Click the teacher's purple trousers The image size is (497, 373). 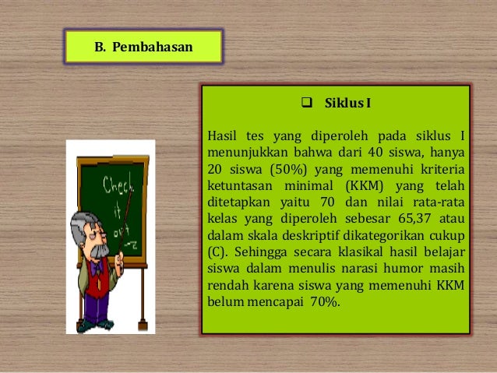(97, 307)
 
